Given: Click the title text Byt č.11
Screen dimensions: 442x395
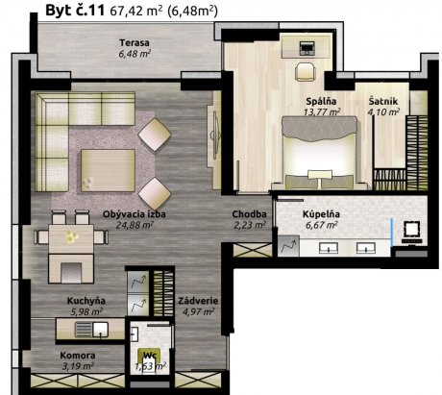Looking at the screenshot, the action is click(75, 11).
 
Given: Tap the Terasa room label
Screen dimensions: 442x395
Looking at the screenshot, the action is click(135, 42).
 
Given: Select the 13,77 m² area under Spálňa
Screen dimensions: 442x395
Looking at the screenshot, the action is click(322, 112).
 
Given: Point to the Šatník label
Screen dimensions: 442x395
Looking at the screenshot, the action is click(383, 101).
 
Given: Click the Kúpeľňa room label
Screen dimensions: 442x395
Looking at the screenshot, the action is click(321, 214).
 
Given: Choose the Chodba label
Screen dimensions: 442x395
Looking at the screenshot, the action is click(249, 214).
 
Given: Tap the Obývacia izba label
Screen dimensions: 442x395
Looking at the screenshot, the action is click(135, 214).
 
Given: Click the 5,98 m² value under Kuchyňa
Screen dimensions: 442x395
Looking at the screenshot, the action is click(86, 311).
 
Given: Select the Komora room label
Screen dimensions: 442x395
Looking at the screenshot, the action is click(78, 356).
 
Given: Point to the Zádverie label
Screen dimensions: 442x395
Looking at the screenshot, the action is click(198, 301).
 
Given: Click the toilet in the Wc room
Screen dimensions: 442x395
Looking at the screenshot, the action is click(150, 359).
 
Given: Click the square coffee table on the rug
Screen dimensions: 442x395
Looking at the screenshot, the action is click(108, 170).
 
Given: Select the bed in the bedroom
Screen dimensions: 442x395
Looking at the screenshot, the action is click(319, 153).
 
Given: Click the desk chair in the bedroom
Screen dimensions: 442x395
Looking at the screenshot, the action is click(305, 72).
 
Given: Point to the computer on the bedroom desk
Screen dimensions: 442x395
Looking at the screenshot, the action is click(307, 48).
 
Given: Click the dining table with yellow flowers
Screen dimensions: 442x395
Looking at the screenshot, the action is click(71, 238).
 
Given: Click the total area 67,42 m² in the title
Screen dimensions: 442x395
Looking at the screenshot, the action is click(135, 12).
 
